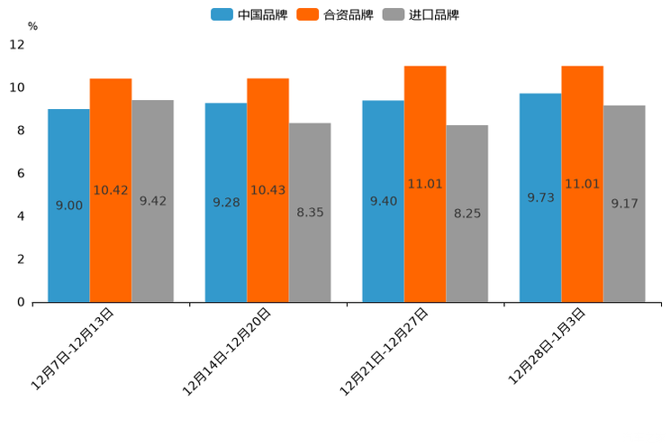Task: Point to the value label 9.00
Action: point(69,205)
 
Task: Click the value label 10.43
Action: point(267,190)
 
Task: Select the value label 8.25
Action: point(467,214)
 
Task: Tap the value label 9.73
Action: point(540,197)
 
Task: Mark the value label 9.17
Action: point(624,204)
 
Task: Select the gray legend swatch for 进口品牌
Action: point(394,14)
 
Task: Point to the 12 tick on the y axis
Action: point(18,45)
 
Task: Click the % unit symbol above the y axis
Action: point(32,26)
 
